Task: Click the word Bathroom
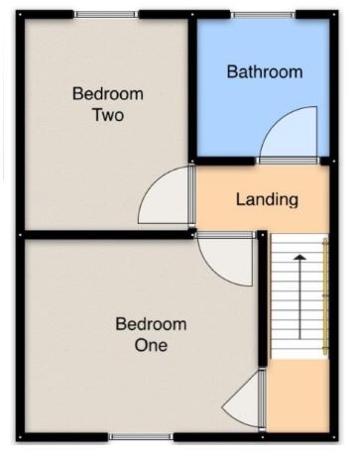[x=265, y=71]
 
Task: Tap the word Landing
[x=267, y=200]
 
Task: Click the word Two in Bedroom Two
[x=108, y=115]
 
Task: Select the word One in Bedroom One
[x=151, y=345]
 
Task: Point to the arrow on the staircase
[x=300, y=296]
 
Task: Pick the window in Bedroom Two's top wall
[x=106, y=14]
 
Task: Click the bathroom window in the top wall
[x=263, y=15]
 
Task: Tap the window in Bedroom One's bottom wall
[x=141, y=437]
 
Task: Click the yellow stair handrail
[x=325, y=296]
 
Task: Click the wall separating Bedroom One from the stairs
[x=262, y=298]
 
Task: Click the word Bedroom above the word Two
[x=108, y=94]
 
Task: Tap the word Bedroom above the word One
[x=151, y=324]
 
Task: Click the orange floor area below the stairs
[x=298, y=396]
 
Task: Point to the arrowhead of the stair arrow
[x=300, y=257]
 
